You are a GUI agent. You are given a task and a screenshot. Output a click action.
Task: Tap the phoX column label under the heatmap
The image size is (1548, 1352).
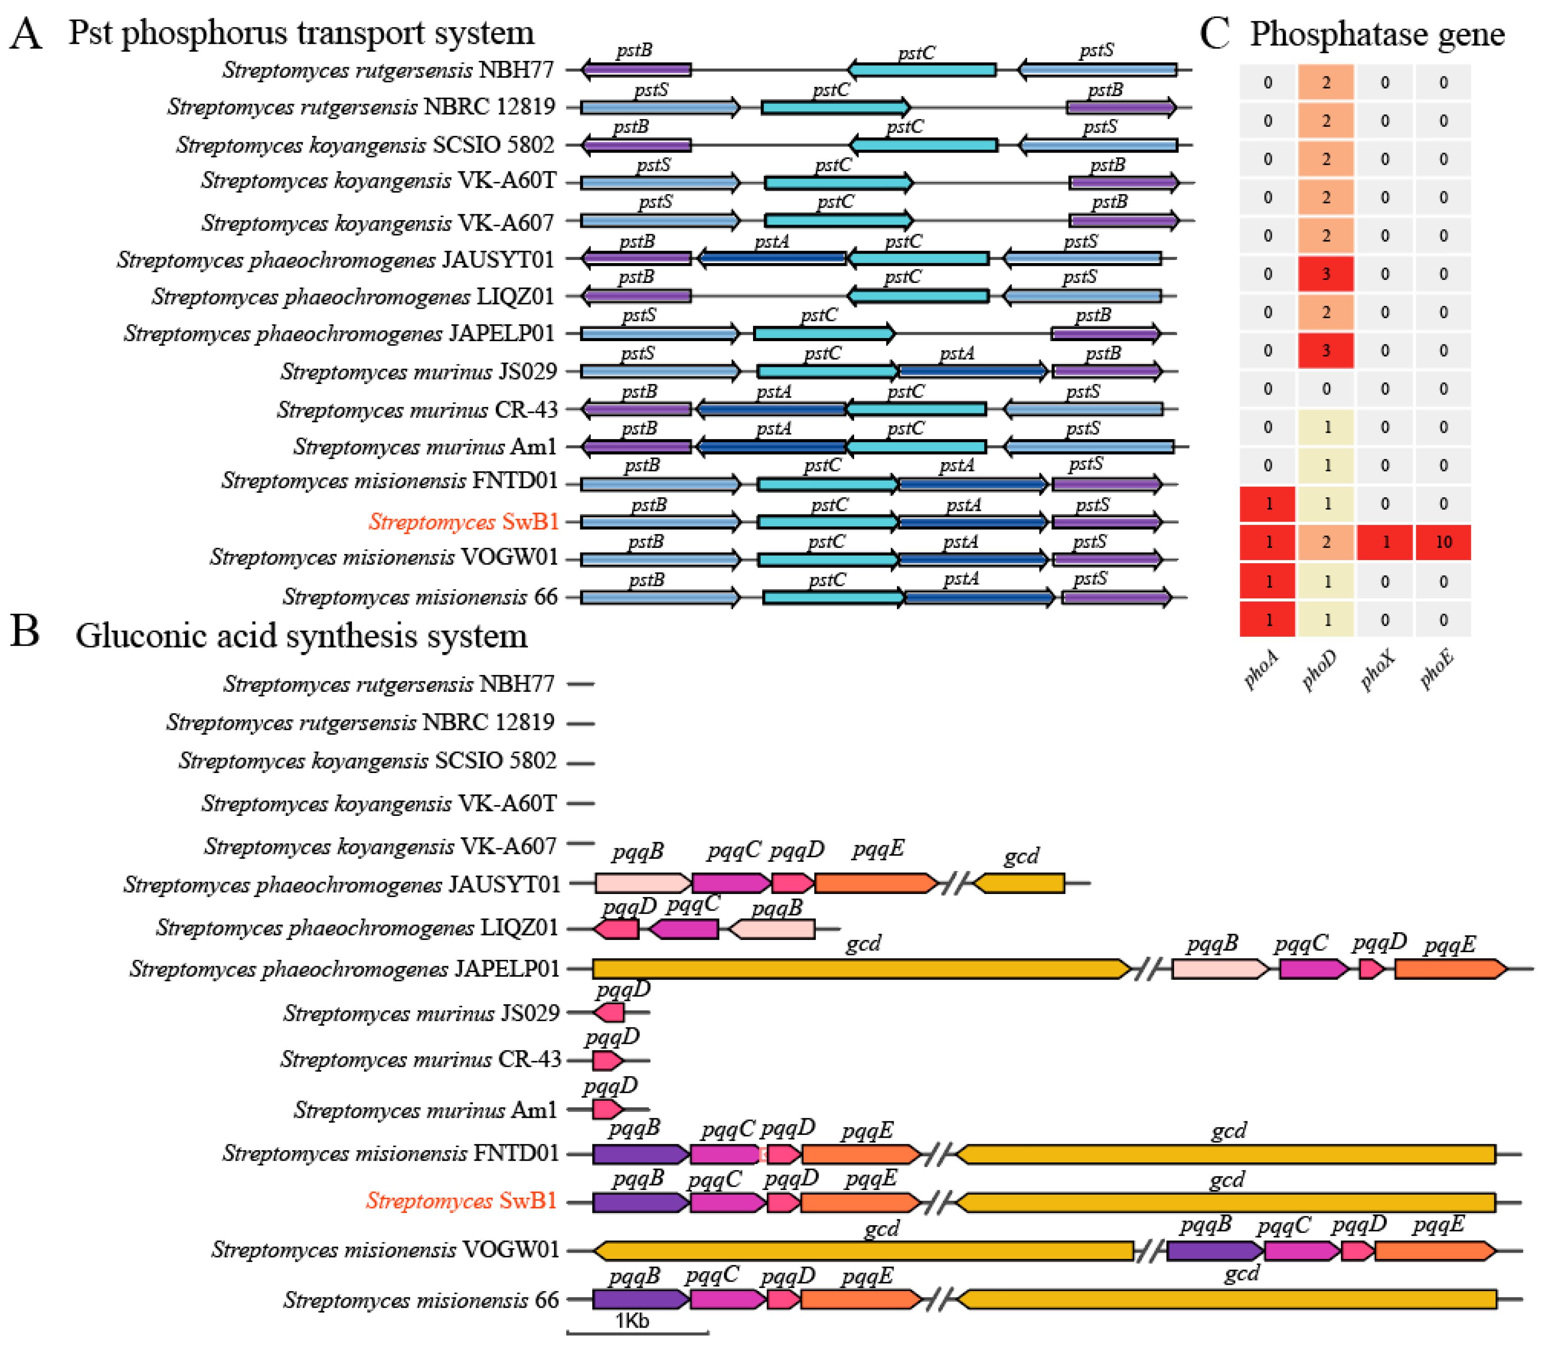click(x=1377, y=668)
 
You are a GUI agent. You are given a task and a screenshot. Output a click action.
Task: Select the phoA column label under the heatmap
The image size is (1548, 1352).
click(x=1261, y=668)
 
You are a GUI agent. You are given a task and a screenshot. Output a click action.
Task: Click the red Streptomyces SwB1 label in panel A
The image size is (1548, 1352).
click(x=463, y=521)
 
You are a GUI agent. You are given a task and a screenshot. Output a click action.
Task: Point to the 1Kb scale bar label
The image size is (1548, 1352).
click(x=632, y=1320)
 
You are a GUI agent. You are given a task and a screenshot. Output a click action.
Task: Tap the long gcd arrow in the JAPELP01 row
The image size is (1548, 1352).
click(x=860, y=969)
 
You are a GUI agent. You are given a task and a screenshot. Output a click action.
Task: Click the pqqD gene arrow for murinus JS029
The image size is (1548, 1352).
click(x=610, y=1013)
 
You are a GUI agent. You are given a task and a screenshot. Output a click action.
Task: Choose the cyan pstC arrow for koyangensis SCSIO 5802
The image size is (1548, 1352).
click(x=924, y=145)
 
